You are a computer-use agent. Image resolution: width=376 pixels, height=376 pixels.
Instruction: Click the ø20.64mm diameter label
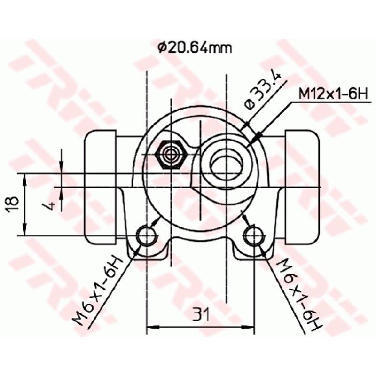pyautogui.click(x=196, y=47)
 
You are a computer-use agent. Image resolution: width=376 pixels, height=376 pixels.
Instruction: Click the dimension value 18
pyautogui.click(x=13, y=203)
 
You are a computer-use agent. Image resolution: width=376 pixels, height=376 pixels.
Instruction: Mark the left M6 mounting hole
pyautogui.click(x=147, y=235)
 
